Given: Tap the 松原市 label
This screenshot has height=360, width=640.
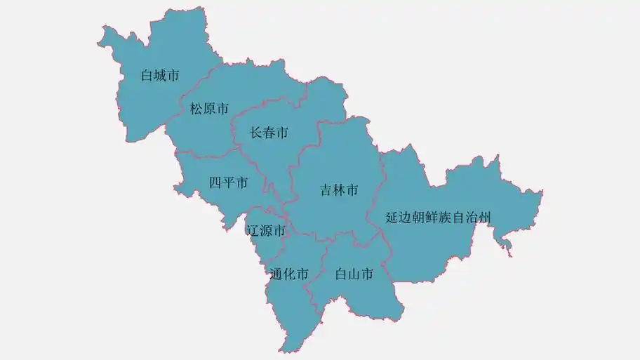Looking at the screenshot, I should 209,109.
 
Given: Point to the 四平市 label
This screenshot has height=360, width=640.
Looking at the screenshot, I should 228,183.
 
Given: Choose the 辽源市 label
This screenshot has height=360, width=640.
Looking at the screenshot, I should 266,230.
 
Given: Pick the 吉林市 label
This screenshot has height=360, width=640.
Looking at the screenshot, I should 339,189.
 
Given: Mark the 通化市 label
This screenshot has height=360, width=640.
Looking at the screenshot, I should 288,274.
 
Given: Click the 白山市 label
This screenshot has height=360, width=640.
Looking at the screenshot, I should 354,274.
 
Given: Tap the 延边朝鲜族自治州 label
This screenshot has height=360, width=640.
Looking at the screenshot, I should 438,218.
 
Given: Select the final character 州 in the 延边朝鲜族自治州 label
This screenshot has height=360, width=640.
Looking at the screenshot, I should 484,218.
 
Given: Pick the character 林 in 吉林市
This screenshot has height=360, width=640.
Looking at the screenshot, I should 339,189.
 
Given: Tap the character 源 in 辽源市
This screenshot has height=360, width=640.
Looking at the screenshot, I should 266,230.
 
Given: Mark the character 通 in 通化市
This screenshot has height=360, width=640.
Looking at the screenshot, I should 276,274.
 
